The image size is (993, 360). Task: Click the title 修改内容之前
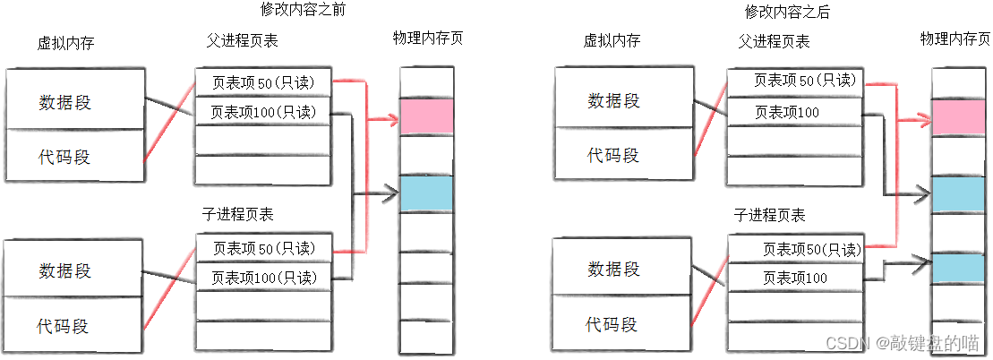pyautogui.click(x=303, y=11)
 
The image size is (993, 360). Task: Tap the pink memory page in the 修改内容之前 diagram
pyautogui.click(x=426, y=116)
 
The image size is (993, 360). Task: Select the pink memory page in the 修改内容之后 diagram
pyautogui.click(x=958, y=117)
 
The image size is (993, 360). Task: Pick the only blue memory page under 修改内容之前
pyautogui.click(x=426, y=193)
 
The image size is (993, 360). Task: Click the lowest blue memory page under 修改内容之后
pyautogui.click(x=958, y=270)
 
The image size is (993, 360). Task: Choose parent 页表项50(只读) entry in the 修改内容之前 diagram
pyautogui.click(x=263, y=81)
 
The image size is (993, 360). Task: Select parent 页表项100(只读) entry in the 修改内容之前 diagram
pyautogui.click(x=263, y=112)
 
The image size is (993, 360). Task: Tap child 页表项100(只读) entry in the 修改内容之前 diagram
pyautogui.click(x=263, y=277)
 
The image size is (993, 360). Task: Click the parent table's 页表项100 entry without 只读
pyautogui.click(x=787, y=112)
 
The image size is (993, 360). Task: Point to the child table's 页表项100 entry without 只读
pyautogui.click(x=794, y=279)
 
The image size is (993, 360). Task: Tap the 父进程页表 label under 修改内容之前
pyautogui.click(x=242, y=41)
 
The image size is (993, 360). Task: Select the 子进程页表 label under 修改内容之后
pyautogui.click(x=769, y=215)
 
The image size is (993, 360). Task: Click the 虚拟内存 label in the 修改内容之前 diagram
pyautogui.click(x=66, y=42)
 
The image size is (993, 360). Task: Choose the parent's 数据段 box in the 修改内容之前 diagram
pyautogui.click(x=74, y=101)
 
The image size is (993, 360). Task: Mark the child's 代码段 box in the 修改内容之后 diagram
pyautogui.click(x=613, y=322)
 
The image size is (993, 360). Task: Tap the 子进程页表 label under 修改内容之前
pyautogui.click(x=238, y=214)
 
